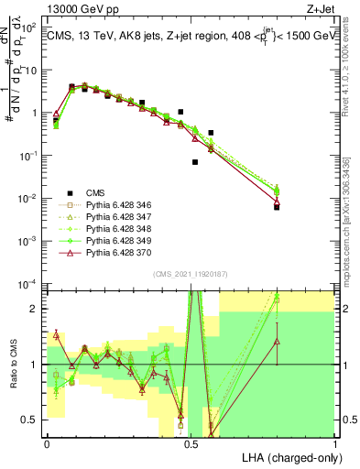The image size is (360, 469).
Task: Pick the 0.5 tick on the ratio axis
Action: point(31,420)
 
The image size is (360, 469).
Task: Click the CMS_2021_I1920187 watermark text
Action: point(191,274)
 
